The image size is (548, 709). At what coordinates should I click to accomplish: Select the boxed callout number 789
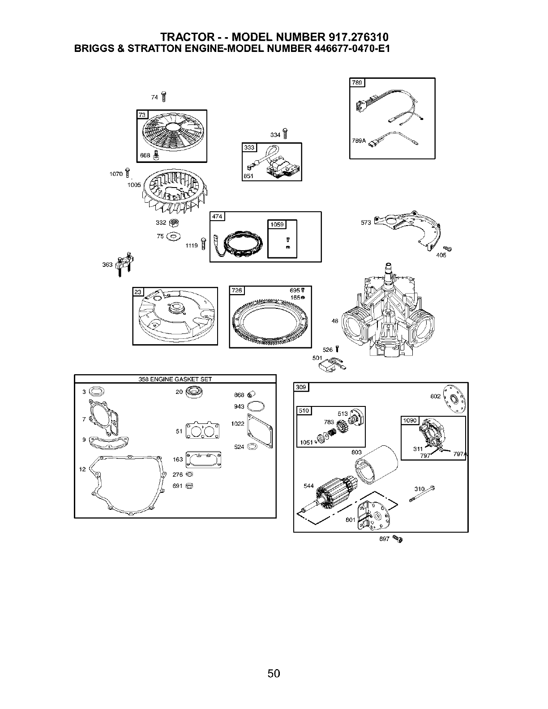tap(357, 82)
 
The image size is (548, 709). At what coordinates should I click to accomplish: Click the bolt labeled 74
tap(164, 96)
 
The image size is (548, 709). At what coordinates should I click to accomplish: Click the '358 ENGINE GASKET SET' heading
tap(175, 379)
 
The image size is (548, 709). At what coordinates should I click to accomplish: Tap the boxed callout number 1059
tap(277, 225)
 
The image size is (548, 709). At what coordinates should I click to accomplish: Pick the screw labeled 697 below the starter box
tap(397, 538)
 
